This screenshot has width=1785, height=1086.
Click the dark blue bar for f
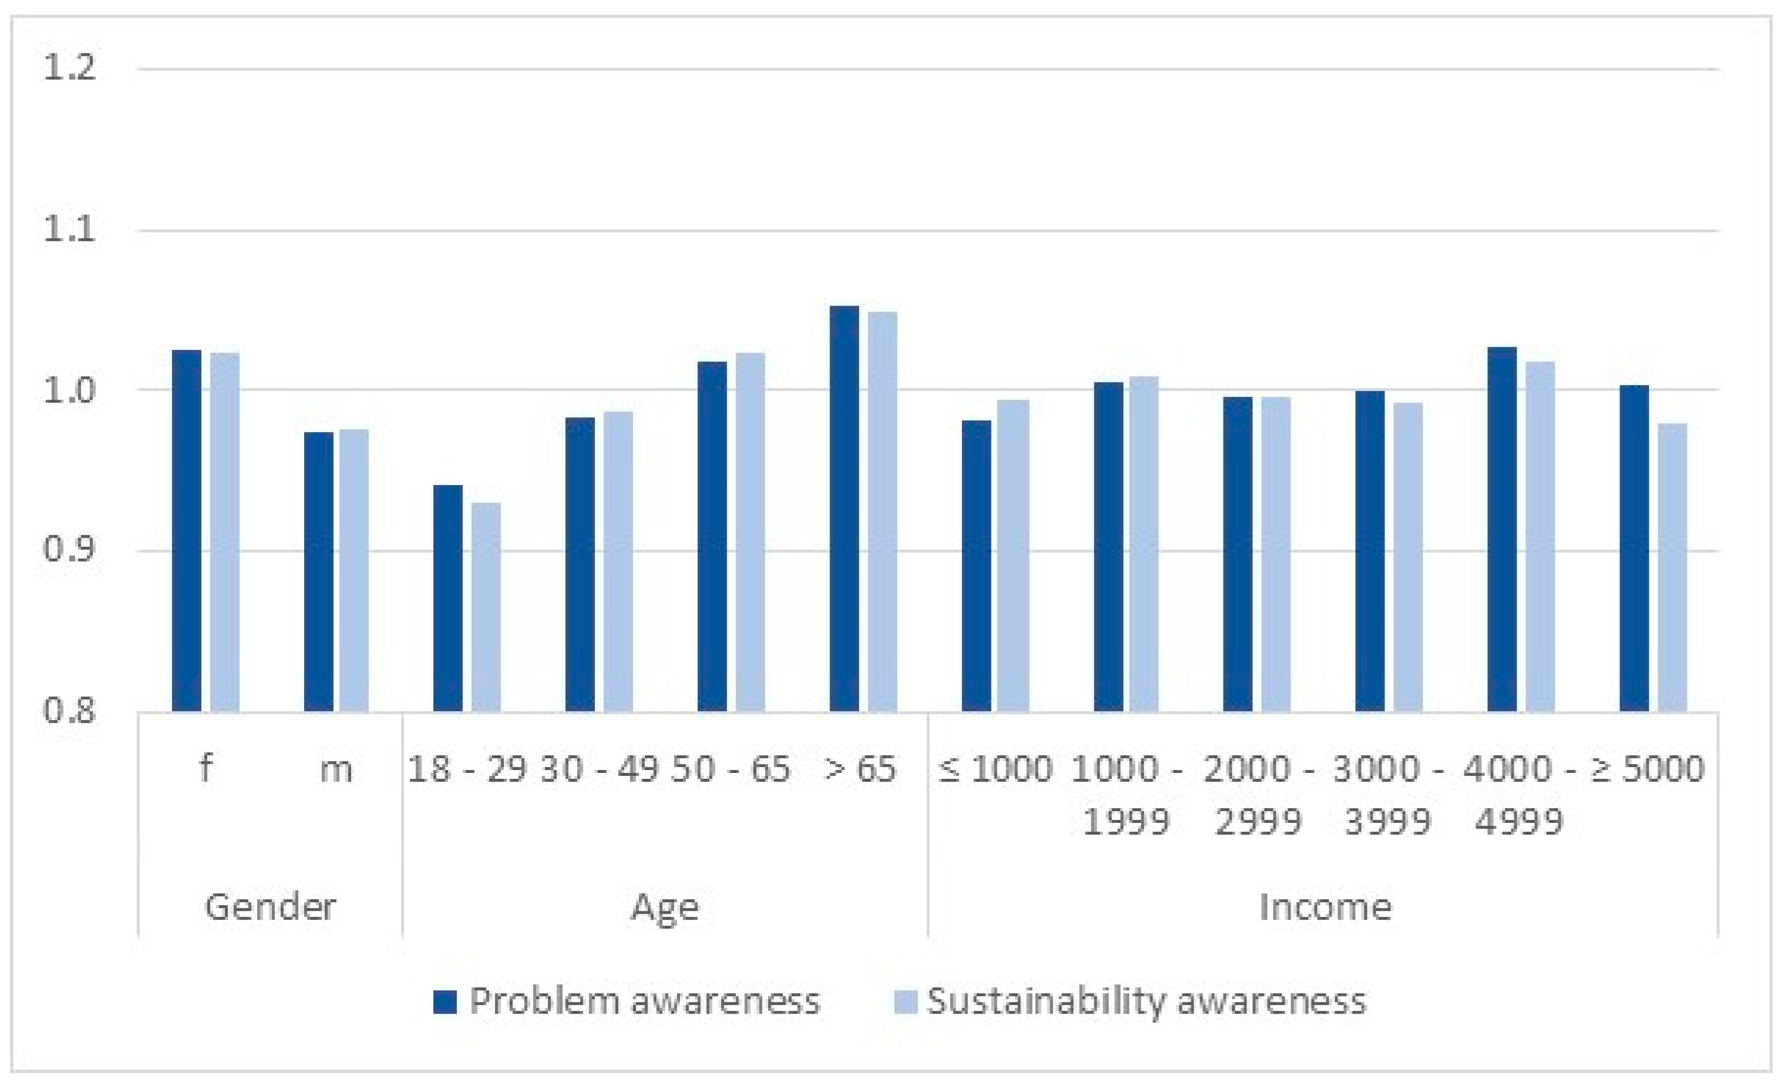point(186,530)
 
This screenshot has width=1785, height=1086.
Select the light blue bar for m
point(353,570)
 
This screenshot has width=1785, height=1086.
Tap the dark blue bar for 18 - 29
point(447,599)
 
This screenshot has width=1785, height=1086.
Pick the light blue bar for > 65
point(883,512)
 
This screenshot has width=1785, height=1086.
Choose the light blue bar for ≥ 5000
point(1673,567)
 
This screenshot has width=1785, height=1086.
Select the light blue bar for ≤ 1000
point(1013,556)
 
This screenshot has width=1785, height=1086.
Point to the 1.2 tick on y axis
point(69,69)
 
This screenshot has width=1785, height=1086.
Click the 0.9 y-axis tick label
point(69,550)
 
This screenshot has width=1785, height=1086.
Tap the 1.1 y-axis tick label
point(69,230)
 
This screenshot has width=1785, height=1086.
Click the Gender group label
point(270,906)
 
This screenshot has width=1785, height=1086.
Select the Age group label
point(665,906)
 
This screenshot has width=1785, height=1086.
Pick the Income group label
point(1325,906)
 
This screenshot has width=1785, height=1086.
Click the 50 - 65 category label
point(730,769)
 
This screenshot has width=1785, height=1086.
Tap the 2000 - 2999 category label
point(1258,795)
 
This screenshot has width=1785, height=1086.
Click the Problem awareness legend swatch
point(445,1002)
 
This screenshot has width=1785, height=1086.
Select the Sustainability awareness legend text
point(1146,1002)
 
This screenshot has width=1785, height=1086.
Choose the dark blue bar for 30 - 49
point(580,564)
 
